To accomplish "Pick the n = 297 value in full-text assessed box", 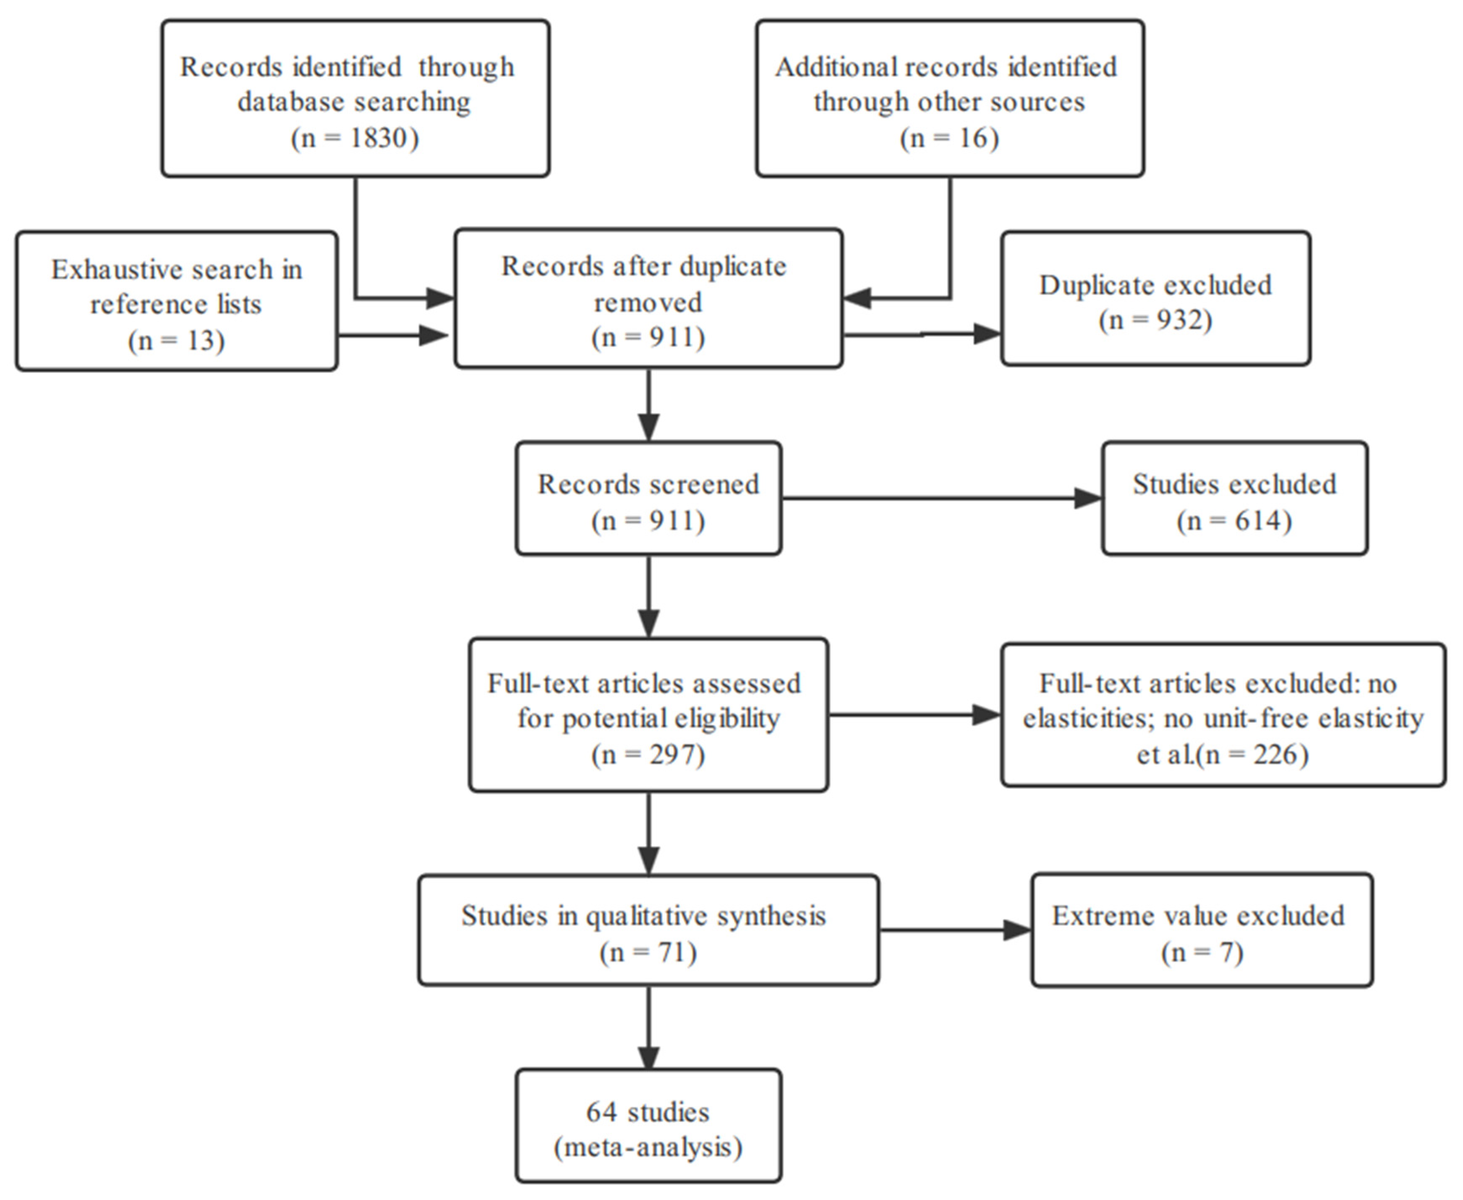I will point(648,754).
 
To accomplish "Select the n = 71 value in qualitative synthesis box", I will point(648,952).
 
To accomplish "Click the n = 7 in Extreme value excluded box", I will point(1202,952).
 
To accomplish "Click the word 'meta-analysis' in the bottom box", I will point(648,1148).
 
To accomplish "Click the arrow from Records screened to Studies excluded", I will point(940,498).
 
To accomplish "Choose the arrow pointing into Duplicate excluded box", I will point(923,334).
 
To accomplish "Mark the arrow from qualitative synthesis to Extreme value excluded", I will point(954,930).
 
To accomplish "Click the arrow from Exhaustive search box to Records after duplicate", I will point(394,336).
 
